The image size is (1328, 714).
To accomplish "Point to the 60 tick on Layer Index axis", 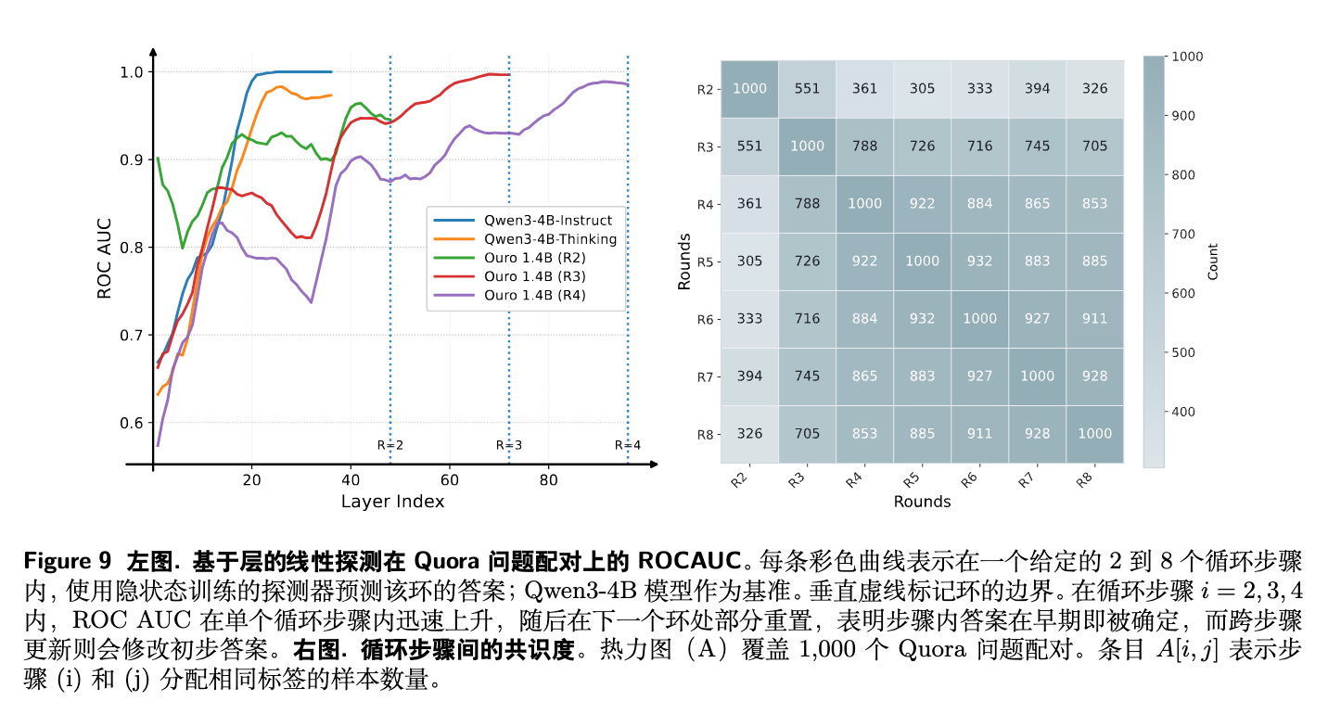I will click(x=450, y=480).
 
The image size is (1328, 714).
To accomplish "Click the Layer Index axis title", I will click(x=392, y=502).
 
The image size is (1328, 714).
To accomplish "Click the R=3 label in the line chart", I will click(x=509, y=445).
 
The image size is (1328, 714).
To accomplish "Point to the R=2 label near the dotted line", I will click(x=390, y=445).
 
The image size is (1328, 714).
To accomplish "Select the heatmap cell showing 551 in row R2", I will click(x=807, y=89).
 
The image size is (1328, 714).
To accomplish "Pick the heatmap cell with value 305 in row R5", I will click(x=749, y=261).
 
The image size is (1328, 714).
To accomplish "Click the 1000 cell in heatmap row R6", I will click(x=979, y=319).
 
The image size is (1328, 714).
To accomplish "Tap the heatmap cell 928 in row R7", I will click(x=1094, y=376).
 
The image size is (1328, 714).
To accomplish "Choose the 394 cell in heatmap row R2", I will click(x=1037, y=89).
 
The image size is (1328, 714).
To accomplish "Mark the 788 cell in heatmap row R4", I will click(x=807, y=204).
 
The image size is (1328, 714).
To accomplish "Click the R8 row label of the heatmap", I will click(x=704, y=434).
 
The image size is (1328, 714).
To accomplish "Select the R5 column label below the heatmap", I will click(x=913, y=481).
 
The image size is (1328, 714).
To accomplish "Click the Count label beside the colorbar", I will click(x=1213, y=261).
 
